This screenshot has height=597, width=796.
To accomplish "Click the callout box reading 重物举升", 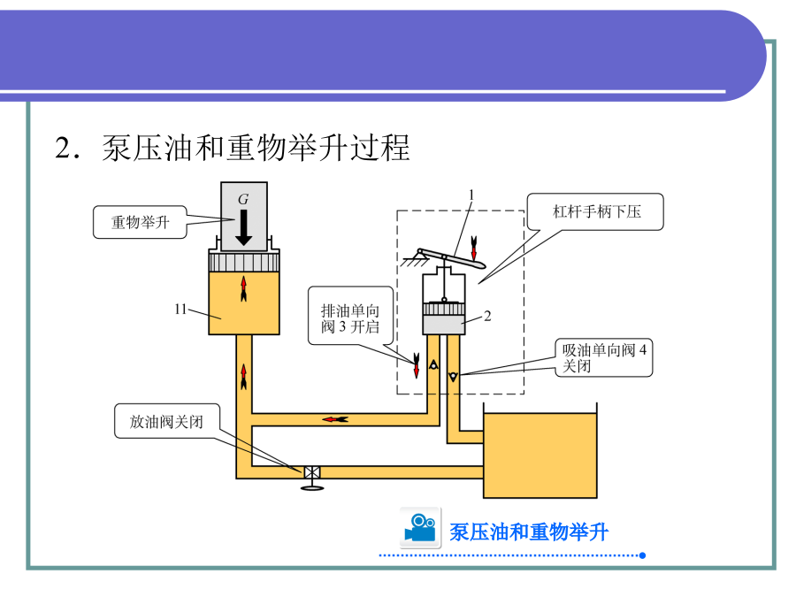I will (x=140, y=223).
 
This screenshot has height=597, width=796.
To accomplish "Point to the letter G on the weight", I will (x=243, y=200).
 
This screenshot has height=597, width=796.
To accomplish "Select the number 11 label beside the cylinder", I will (x=182, y=309).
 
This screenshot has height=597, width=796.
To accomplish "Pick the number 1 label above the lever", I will (x=471, y=194).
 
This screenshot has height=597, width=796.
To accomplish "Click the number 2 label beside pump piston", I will (x=487, y=315).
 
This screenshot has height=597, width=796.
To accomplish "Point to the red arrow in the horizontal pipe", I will (x=335, y=418).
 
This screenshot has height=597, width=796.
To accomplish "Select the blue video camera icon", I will (x=420, y=527).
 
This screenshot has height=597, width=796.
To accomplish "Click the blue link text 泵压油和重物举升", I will (x=529, y=532).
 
